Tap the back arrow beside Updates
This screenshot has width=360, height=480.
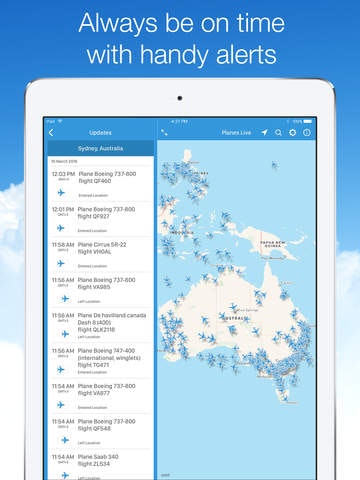point(51,133)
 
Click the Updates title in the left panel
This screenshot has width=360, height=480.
point(100,133)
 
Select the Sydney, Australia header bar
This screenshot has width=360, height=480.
point(100,148)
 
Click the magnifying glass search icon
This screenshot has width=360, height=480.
point(279,133)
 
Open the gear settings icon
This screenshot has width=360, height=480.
point(293,133)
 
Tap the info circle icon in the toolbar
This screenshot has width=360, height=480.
point(307,133)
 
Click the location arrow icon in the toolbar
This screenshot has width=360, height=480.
point(265,133)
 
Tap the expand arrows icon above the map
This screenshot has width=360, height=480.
point(164,133)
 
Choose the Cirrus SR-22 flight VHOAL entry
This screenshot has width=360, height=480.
point(110,248)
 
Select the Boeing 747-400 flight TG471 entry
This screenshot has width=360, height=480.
point(114,358)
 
